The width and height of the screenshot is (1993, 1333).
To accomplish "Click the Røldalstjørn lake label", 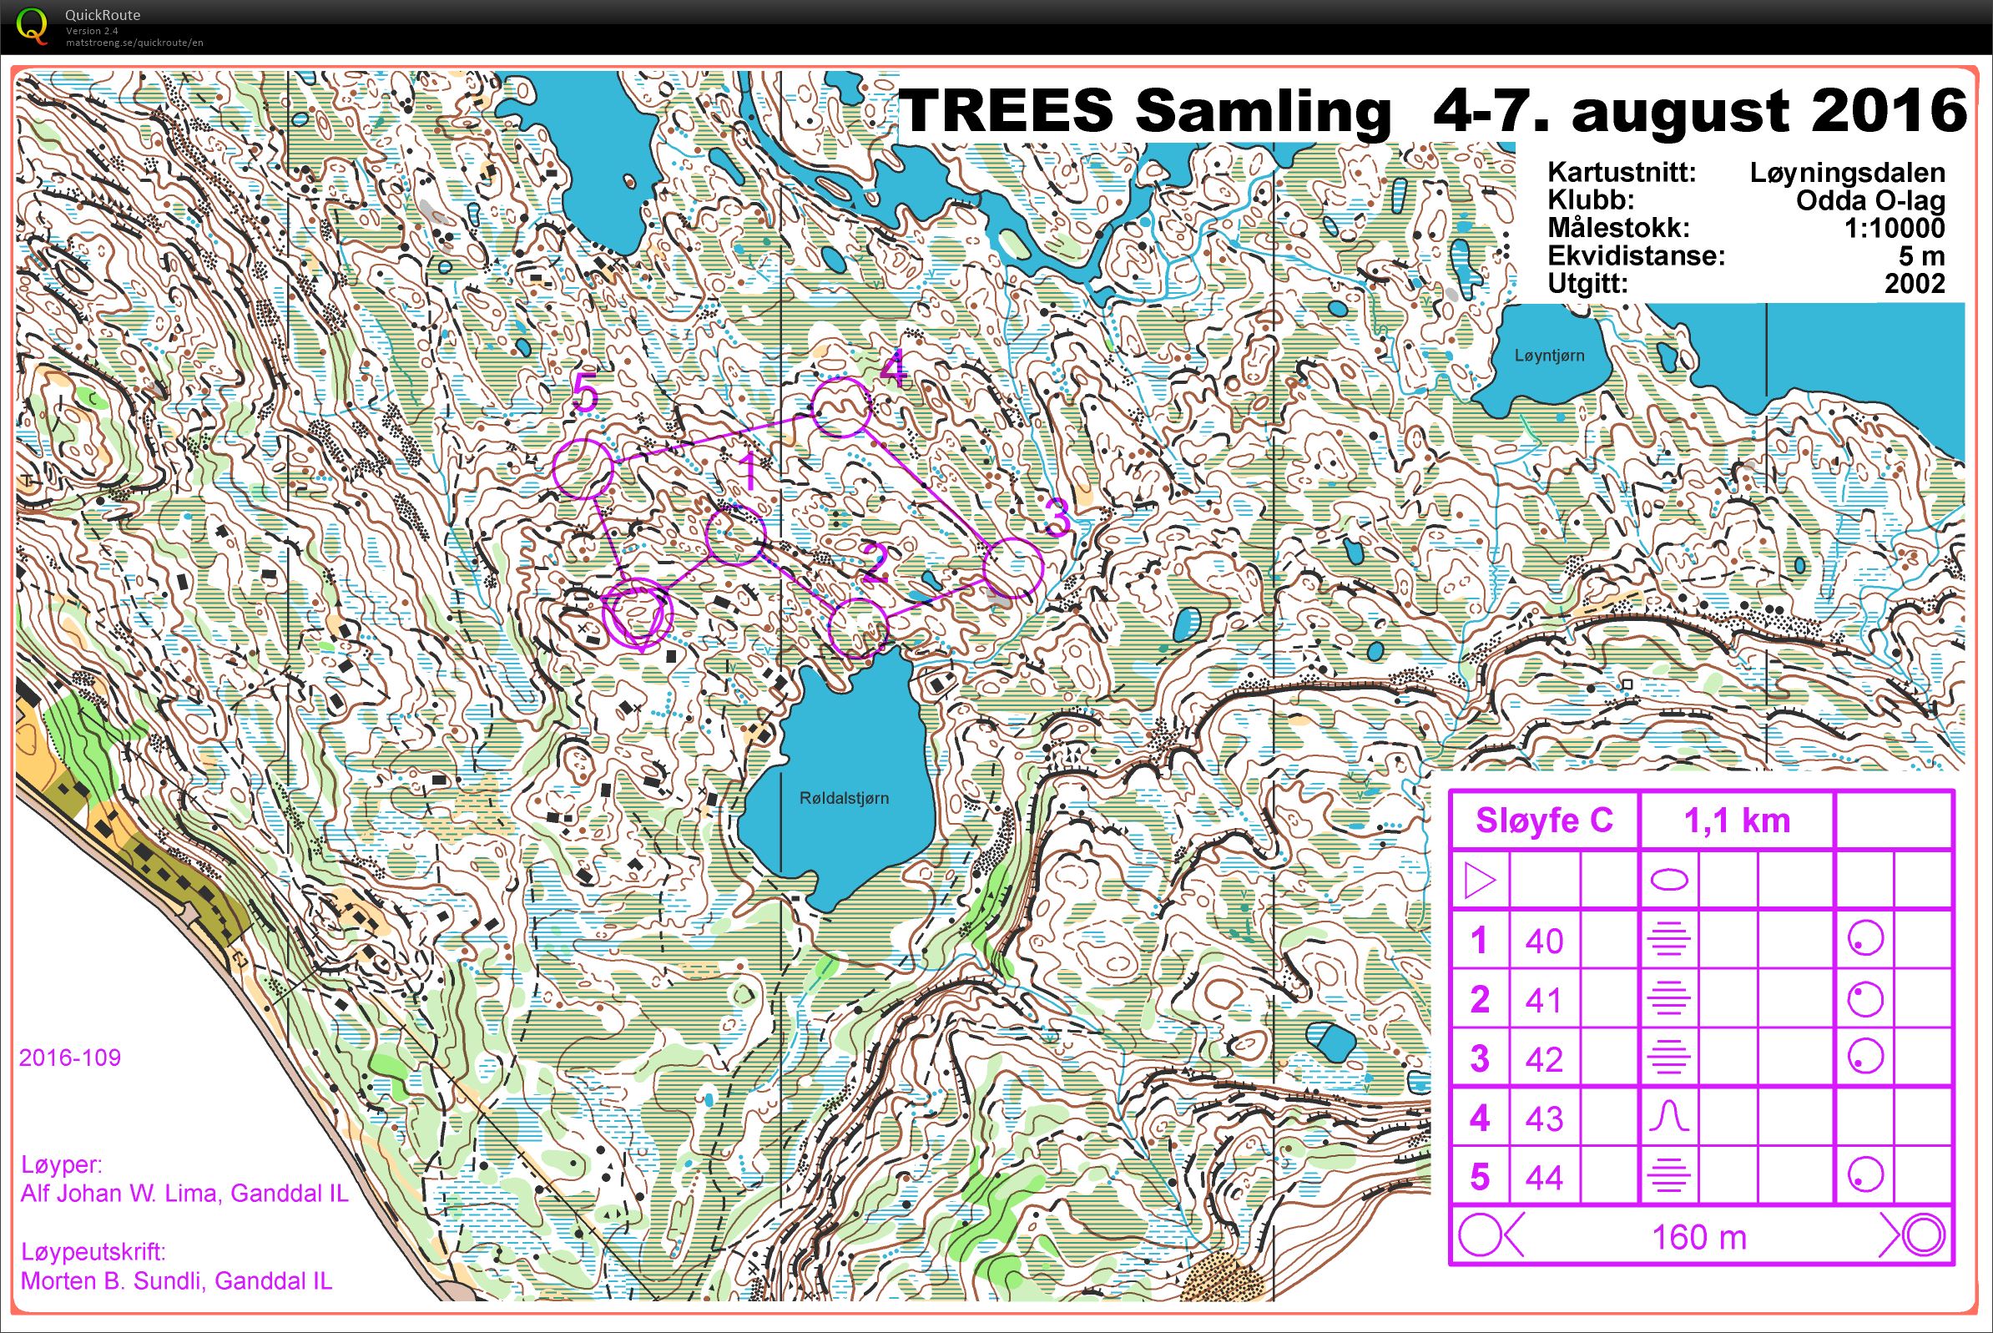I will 843,797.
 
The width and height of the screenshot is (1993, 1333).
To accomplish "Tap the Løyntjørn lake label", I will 1548,356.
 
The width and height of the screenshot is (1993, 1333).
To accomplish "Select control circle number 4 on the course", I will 840,408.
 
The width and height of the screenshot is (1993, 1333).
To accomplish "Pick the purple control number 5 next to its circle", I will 586,395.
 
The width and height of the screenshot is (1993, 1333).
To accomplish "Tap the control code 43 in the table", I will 1543,1118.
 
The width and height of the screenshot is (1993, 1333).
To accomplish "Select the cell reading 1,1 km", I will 1736,821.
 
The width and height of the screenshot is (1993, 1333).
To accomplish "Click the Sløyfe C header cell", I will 1543,821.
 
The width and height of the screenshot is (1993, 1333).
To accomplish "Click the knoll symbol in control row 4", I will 1668,1116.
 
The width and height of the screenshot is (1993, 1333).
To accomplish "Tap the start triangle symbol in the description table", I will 1479,881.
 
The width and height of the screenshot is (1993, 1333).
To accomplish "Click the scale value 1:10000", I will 1894,228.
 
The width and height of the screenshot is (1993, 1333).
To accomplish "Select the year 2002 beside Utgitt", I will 1914,283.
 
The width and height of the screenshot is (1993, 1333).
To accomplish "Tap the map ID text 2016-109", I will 70,1058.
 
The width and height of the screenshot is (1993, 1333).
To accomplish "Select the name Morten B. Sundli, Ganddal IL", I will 176,1280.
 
